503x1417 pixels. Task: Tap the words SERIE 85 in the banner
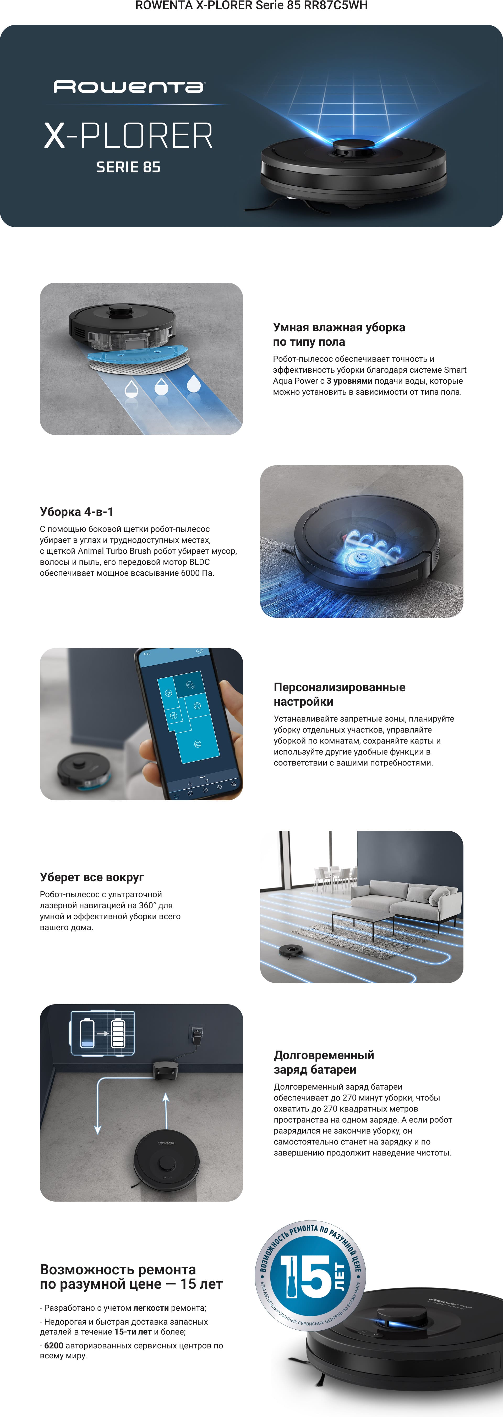pyautogui.click(x=128, y=167)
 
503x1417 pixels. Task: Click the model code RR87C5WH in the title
pyautogui.click(x=336, y=5)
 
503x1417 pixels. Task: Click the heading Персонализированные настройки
pyautogui.click(x=340, y=694)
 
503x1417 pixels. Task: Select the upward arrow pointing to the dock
pyautogui.click(x=166, y=1112)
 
